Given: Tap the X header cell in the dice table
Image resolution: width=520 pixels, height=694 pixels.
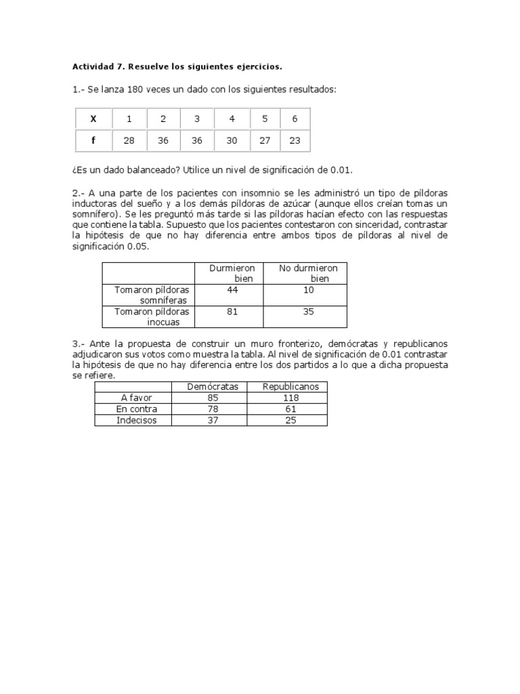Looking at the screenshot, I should [93, 119].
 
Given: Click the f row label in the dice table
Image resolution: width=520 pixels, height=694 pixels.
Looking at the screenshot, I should [93, 140].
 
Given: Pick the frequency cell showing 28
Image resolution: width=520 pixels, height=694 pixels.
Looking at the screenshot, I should [129, 140].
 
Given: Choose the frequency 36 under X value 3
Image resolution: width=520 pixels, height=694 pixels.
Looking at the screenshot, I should [197, 140].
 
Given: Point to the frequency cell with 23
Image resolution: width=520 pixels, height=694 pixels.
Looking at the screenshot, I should [295, 140].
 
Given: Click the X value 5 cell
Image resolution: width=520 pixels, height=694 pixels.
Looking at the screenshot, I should [265, 119].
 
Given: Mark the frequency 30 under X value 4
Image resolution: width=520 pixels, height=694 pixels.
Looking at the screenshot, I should [232, 140].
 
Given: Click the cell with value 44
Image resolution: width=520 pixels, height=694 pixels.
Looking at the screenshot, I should [233, 289].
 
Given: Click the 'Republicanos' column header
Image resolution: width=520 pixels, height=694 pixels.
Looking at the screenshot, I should [286, 386].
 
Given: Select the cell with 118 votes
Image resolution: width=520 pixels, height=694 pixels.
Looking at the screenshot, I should [286, 398].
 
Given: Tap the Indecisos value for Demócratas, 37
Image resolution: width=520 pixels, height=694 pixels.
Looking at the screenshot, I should [213, 420].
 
